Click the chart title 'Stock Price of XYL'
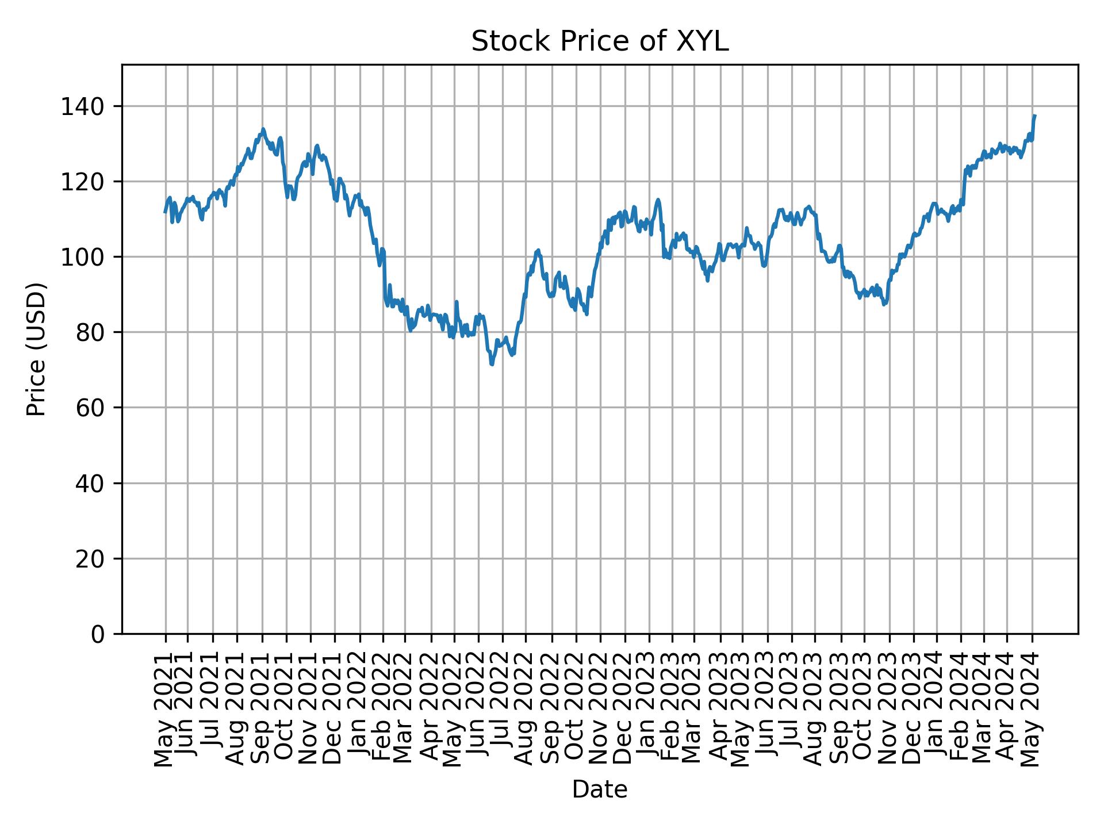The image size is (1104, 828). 600,42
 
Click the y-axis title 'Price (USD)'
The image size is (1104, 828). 36,349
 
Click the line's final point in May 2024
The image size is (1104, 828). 1034,116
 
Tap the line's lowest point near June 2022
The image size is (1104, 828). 492,365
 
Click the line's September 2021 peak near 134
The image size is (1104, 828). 263,129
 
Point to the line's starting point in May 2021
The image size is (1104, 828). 165,212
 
